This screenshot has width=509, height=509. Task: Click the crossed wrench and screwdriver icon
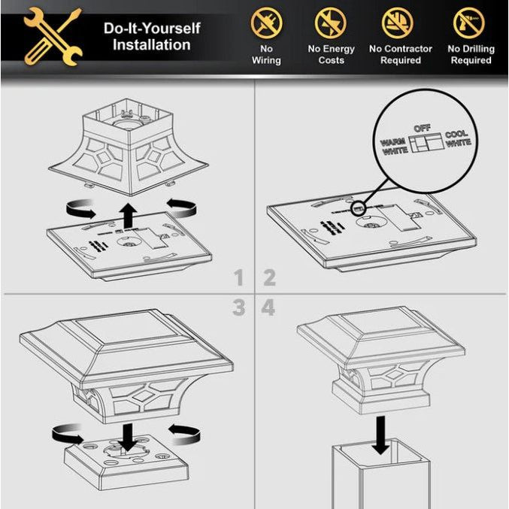click(53, 36)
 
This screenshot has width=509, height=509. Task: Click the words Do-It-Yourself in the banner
click(152, 29)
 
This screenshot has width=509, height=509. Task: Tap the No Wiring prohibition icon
click(266, 23)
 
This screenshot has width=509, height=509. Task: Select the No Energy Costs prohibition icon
click(331, 23)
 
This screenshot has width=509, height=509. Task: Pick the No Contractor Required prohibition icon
click(397, 23)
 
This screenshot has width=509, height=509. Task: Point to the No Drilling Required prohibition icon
click(469, 23)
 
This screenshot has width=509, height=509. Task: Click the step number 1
click(238, 277)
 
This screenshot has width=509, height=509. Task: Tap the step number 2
click(269, 277)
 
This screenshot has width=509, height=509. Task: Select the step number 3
click(238, 308)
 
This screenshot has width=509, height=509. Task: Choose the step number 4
click(268, 308)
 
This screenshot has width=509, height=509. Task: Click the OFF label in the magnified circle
click(422, 129)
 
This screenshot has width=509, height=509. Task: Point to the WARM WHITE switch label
click(394, 147)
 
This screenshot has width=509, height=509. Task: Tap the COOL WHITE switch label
click(458, 138)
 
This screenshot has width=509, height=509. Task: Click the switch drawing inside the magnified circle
click(426, 142)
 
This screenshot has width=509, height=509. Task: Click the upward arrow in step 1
click(129, 216)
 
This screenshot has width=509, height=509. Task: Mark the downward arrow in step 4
click(380, 435)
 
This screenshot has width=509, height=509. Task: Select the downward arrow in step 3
click(128, 438)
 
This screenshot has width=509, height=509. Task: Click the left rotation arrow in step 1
click(81, 208)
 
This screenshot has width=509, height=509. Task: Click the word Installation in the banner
click(152, 45)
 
